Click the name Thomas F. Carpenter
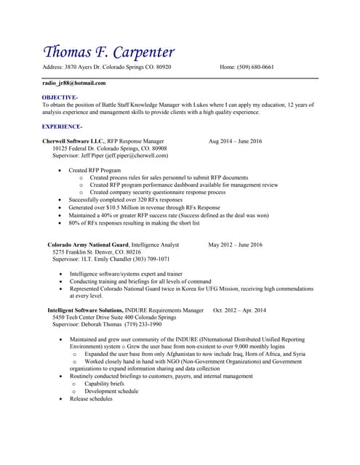109,52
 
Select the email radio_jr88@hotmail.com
73,83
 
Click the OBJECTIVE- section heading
60,97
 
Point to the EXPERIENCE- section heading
62,126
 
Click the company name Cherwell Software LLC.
73,140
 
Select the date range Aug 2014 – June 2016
235,140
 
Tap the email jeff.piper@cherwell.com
136,155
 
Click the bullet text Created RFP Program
95,170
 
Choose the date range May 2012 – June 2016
235,245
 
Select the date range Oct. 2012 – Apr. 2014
239,310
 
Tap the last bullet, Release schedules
91,398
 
